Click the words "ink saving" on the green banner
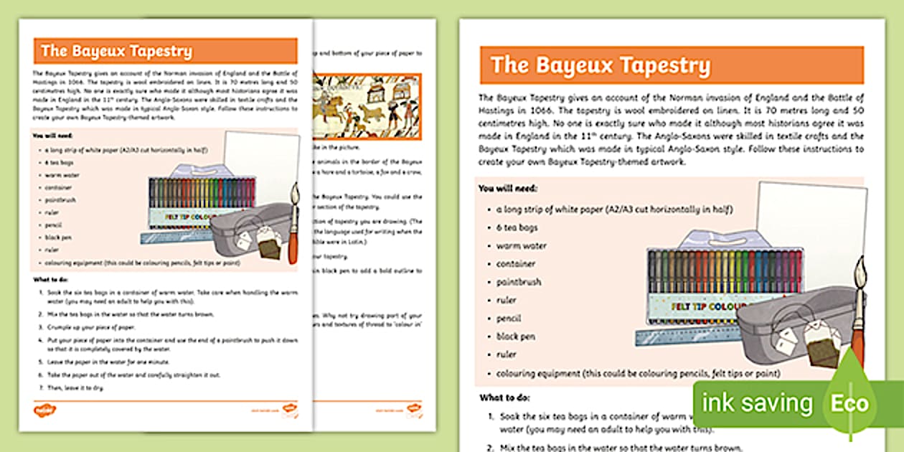tap(756, 402)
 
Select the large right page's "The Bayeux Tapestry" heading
tap(601, 65)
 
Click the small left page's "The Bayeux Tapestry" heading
tap(116, 51)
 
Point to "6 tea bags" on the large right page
tap(517, 227)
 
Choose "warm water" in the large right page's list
tap(521, 246)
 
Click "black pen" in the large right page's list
tap(516, 336)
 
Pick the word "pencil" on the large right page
tap(509, 319)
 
